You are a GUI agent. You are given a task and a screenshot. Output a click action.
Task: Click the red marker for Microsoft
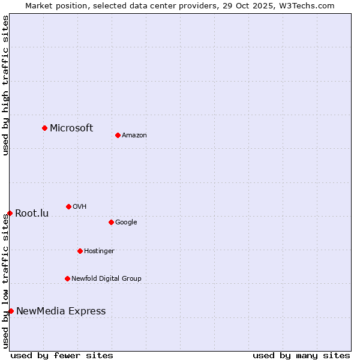pos(44,128)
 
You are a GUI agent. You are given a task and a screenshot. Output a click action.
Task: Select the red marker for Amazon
pos(118,135)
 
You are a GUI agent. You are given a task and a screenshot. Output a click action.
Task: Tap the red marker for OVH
pos(68,206)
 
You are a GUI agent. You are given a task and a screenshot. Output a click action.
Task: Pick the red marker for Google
pos(111,222)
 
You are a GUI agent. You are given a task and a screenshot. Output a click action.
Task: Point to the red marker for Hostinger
pos(80,251)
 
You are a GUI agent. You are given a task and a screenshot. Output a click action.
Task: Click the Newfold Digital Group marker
pos(67,278)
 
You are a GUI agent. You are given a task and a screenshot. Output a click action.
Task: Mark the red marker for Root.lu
pos(10,213)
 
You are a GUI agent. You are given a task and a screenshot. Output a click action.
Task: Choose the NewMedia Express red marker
pos(11,311)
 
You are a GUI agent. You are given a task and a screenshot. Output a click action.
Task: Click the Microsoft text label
pos(71,128)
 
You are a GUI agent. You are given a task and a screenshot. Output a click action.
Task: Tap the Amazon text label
pos(134,136)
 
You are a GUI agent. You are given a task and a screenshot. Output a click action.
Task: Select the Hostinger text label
pos(99,251)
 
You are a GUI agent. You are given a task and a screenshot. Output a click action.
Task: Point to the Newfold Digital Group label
pos(106,278)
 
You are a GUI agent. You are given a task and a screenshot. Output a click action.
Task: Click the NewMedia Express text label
pos(61,311)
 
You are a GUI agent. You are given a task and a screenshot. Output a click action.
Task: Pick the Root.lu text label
pos(32,213)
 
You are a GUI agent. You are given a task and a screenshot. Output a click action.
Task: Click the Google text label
pos(126,223)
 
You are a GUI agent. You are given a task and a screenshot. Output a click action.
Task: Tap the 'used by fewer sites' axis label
pos(62,356)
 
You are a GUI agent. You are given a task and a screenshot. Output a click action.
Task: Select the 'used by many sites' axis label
pos(301,356)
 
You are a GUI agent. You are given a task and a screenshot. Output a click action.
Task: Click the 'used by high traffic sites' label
pos(6,85)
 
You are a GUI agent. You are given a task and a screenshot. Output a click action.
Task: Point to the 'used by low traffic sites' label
pos(6,281)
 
